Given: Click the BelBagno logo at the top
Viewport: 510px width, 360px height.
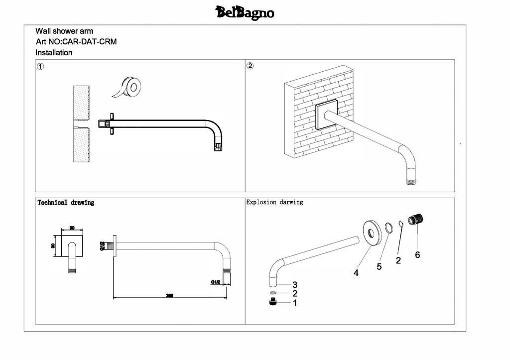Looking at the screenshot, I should (x=245, y=12).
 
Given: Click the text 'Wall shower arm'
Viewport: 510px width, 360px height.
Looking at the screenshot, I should (x=64, y=31).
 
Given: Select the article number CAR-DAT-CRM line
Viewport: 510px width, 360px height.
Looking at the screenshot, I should (x=76, y=42).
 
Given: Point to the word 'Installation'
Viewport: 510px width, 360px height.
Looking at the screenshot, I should (x=54, y=53).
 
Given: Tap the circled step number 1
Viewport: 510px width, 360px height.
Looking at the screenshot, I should (x=40, y=66).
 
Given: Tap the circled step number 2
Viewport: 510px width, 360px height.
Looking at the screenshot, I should (x=251, y=66).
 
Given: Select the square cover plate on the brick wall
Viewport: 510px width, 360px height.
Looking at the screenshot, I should (x=326, y=115).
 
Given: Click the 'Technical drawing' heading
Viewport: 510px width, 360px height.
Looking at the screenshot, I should (x=66, y=203).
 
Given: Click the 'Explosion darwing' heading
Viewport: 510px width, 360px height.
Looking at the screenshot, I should (x=274, y=202).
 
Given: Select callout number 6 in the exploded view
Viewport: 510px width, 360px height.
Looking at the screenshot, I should (x=417, y=255).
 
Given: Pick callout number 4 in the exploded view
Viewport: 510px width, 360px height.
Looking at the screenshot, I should (x=356, y=273).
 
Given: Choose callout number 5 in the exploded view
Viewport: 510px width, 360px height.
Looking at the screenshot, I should (x=379, y=267).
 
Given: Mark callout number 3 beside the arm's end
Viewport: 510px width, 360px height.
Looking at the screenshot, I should (x=295, y=285).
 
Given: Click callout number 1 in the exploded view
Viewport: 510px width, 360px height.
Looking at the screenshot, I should (x=295, y=302).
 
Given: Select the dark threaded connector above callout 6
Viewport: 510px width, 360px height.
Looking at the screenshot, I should (x=416, y=219).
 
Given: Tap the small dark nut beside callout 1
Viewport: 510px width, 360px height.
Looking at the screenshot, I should (x=273, y=302).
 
